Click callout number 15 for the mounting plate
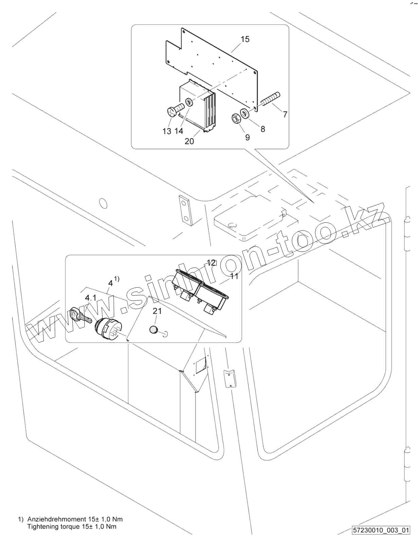[x=245, y=39]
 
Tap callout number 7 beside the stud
[x=285, y=114]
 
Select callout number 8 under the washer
[x=263, y=129]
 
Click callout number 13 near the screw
[x=167, y=131]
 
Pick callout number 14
[x=179, y=131]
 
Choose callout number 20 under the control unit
[x=189, y=141]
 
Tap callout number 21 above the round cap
[x=157, y=311]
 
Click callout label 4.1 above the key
[x=91, y=298]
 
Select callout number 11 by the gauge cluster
[x=234, y=276]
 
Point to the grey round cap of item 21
[x=153, y=330]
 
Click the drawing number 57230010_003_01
[x=381, y=530]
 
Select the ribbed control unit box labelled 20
[x=199, y=107]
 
